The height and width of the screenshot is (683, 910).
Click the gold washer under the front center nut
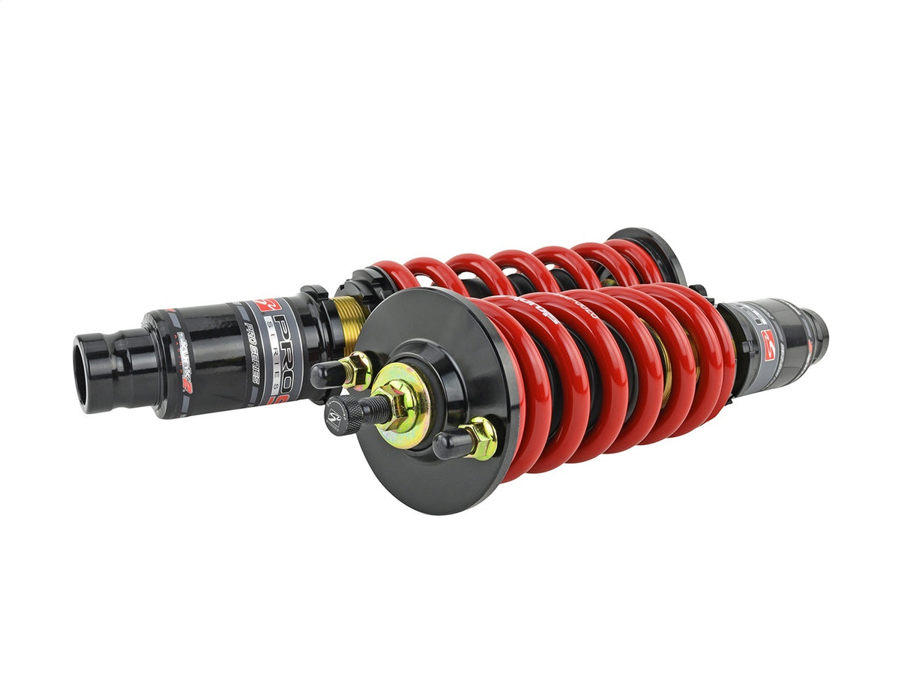click(411, 409)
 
